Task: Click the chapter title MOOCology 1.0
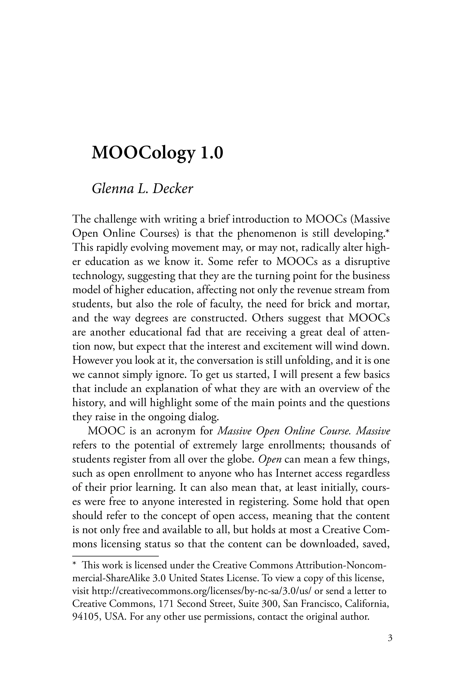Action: click(x=157, y=153)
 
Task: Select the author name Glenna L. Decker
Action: click(x=142, y=189)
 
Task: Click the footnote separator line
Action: click(x=115, y=556)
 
